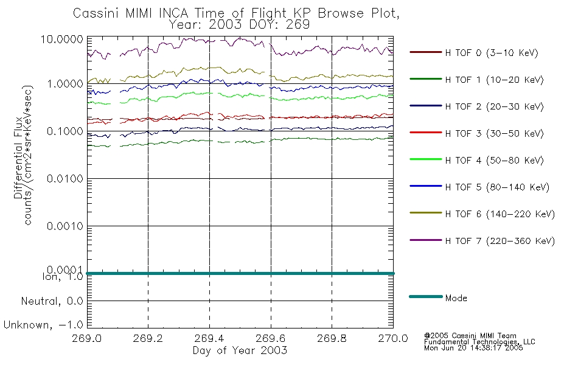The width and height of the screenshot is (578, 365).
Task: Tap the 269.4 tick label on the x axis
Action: (209, 339)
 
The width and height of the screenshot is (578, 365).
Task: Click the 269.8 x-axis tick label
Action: (332, 339)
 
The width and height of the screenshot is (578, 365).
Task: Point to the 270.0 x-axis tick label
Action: (393, 339)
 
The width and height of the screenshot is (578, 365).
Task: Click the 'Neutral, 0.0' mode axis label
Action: (52, 301)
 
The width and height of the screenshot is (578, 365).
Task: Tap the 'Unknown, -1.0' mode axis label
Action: (44, 325)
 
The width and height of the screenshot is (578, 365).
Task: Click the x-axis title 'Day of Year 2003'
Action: (240, 350)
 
